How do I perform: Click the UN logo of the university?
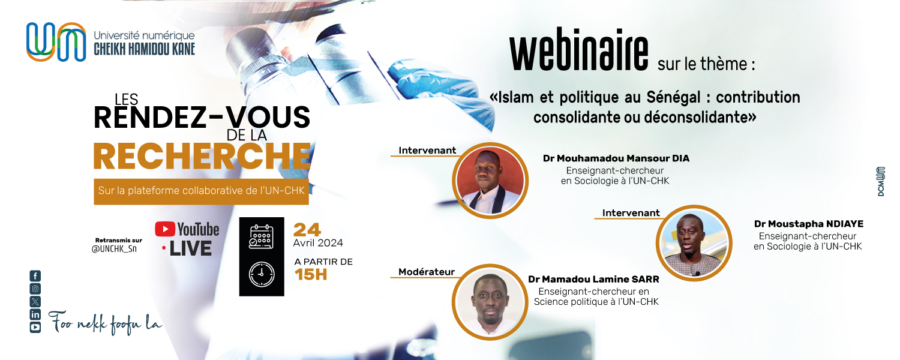point(56,42)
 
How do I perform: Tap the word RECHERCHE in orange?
point(202,157)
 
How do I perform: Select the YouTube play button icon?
point(165,229)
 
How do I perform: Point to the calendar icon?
point(261,236)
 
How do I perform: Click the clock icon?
point(262,274)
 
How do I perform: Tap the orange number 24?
point(307,230)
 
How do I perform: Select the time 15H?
point(311,275)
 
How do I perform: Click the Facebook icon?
point(35,275)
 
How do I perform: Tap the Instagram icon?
point(35,289)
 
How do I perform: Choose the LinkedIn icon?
point(35,314)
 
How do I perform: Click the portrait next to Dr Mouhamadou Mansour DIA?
point(490,181)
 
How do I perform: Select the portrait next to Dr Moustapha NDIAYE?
point(694,243)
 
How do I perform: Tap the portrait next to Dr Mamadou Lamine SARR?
point(490,302)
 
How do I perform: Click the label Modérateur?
point(426,272)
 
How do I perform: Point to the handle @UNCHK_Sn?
point(114,249)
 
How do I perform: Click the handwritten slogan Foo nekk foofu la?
point(105,323)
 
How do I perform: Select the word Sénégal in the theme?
point(674,98)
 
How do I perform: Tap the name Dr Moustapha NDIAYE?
point(808,224)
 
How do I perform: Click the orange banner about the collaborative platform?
point(201,191)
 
